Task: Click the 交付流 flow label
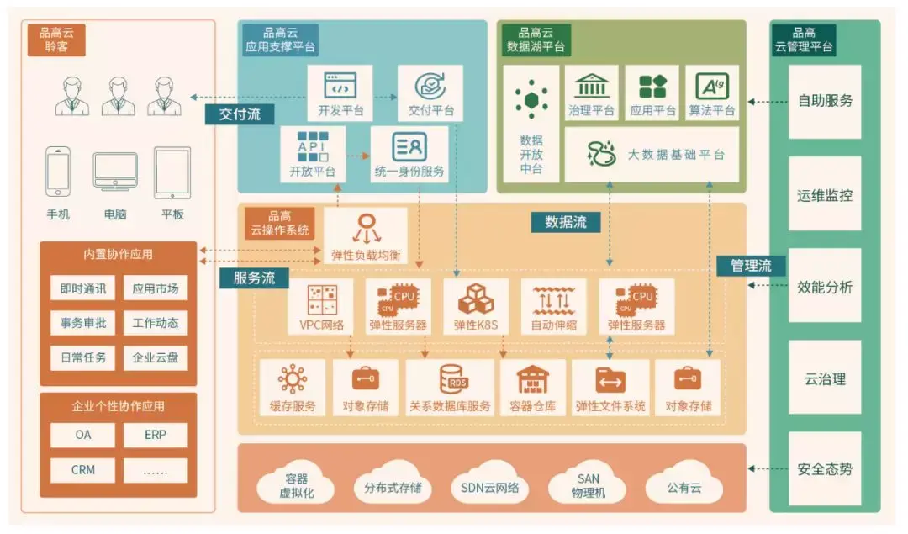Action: [240, 114]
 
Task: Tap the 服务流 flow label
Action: [254, 278]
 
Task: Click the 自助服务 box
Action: [824, 101]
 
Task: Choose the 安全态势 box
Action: [824, 468]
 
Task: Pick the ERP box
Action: [155, 435]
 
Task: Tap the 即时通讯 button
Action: [83, 288]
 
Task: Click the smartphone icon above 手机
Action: [58, 172]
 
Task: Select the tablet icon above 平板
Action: [172, 172]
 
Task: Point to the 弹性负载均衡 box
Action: [365, 236]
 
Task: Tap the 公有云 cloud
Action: [683, 487]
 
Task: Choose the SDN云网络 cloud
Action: [490, 487]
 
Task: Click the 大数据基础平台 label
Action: [676, 155]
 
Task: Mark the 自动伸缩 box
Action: [553, 306]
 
